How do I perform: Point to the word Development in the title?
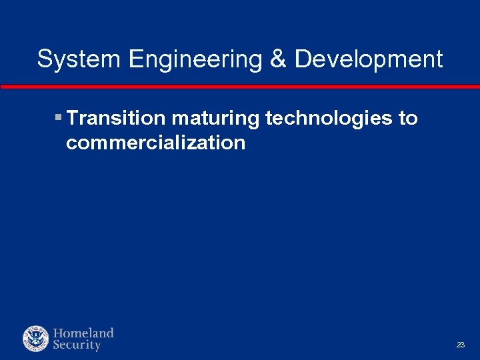click(368, 59)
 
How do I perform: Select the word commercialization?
click(155, 143)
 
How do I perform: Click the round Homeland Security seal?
click(35, 339)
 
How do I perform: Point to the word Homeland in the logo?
click(83, 333)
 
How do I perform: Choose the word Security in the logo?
click(77, 345)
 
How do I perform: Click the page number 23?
click(460, 345)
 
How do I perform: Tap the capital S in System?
click(45, 59)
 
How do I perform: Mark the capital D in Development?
click(302, 59)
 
